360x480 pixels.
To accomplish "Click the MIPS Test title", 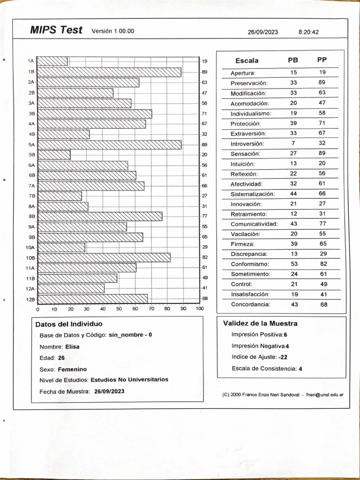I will tap(56, 30).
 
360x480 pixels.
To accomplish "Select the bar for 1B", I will tap(109, 72).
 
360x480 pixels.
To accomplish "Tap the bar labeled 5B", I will tap(53, 155).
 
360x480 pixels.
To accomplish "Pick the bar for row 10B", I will tap(104, 257).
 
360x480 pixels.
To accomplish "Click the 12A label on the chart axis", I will tap(30, 288).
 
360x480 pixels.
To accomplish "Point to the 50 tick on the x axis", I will tap(119, 309).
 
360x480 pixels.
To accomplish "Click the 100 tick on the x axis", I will tap(200, 309).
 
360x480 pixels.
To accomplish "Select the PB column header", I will tap(293, 60).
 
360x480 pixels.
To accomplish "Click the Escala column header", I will tap(247, 60).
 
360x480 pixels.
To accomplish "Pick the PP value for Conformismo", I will tap(323, 264).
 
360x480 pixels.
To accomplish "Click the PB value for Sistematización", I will tap(294, 194).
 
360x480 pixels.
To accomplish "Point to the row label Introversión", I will tap(247, 143).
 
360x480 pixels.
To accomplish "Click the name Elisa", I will tap(73, 347).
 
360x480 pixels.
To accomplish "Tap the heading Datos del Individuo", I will tap(69, 324).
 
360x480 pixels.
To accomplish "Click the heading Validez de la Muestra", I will tap(260, 323).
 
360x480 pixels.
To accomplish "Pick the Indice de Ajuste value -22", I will tap(283, 357).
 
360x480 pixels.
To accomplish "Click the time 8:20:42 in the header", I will tap(308, 32).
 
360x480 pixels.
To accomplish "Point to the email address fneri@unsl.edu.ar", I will tap(325, 395).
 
